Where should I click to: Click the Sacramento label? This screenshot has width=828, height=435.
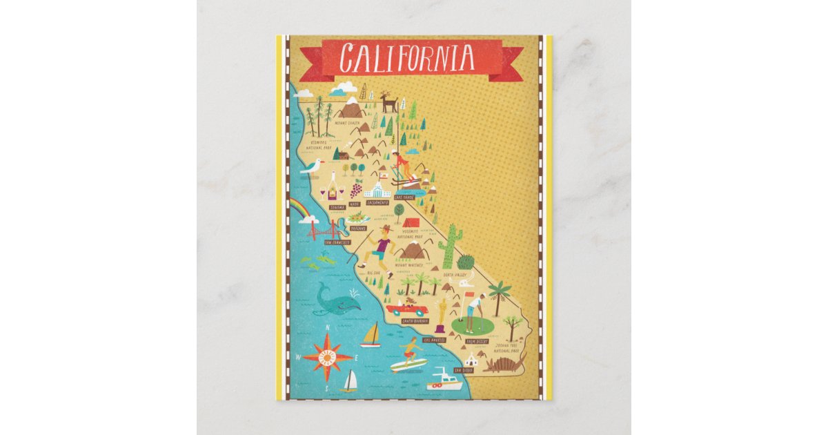point(377,204)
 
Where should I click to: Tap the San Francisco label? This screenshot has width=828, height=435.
point(333,242)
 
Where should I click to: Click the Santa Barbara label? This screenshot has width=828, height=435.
point(414,321)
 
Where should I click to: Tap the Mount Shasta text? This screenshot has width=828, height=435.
point(346,124)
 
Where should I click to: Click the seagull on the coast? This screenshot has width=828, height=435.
point(313,166)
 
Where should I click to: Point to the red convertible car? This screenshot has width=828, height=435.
point(406,308)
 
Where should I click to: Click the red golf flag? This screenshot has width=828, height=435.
point(471,296)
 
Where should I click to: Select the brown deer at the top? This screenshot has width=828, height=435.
point(389,103)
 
